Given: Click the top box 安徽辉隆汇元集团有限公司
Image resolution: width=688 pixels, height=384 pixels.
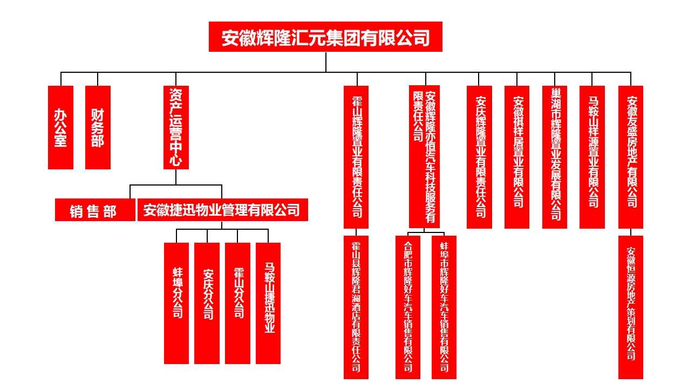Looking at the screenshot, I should click(x=325, y=37).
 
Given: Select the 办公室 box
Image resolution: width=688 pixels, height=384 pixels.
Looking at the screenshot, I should click(x=60, y=127).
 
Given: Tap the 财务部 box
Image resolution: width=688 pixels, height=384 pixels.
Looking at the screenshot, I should click(x=98, y=127).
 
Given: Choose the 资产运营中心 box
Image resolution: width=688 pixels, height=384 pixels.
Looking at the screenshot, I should click(x=176, y=127).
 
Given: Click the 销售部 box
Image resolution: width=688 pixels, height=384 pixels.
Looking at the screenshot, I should click(x=95, y=210).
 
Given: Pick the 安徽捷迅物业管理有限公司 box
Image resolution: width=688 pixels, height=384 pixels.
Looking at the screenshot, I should click(x=222, y=210).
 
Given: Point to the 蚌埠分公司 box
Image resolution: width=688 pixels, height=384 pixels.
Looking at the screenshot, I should click(x=176, y=303).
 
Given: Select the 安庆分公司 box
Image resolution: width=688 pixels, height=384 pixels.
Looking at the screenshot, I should click(x=207, y=303).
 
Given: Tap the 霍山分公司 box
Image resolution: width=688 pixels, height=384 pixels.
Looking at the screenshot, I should click(x=237, y=303).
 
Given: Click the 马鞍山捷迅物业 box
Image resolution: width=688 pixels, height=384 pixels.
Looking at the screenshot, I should click(x=268, y=303).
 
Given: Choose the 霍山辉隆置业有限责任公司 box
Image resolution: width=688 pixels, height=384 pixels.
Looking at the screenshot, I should click(x=356, y=157).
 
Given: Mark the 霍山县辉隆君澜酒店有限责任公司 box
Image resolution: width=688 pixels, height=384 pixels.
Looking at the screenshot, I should click(x=356, y=307).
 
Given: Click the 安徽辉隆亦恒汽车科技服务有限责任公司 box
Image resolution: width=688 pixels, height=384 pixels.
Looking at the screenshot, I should click(x=424, y=156).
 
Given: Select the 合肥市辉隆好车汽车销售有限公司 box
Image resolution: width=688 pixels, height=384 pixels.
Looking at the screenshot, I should click(x=408, y=307).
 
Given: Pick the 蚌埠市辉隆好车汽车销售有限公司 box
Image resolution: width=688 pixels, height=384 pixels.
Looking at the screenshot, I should click(x=444, y=307).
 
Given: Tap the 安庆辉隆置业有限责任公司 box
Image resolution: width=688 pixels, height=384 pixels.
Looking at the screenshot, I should click(x=479, y=157).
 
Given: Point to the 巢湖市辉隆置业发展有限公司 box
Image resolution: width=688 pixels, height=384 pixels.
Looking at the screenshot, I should click(x=555, y=157).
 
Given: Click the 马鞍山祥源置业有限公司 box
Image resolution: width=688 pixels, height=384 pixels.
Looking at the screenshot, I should click(x=592, y=157).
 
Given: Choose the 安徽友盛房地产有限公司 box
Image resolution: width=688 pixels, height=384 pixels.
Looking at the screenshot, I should click(x=631, y=157).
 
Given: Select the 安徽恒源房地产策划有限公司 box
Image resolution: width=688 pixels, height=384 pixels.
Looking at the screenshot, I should click(x=631, y=307).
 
